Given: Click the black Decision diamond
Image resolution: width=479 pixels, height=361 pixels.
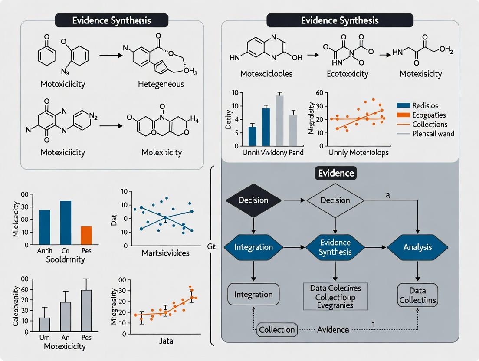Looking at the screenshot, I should pyautogui.click(x=253, y=200).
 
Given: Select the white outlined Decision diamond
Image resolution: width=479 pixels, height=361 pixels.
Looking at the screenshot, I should pyautogui.click(x=335, y=200).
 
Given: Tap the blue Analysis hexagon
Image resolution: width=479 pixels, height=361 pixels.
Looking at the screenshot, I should pyautogui.click(x=417, y=247).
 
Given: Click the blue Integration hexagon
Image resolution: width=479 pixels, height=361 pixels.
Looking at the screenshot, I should pyautogui.click(x=253, y=247).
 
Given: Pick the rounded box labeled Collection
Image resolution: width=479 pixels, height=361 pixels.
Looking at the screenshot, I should pyautogui.click(x=277, y=330).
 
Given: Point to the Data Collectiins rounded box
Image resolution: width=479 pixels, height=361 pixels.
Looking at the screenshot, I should pyautogui.click(x=417, y=295).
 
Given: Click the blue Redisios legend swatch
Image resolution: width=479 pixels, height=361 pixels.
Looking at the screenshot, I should pyautogui.click(x=403, y=105).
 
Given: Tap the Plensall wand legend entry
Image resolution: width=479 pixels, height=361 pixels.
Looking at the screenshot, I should pyautogui.click(x=425, y=134).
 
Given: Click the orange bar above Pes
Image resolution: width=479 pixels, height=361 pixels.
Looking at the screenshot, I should pyautogui.click(x=86, y=236).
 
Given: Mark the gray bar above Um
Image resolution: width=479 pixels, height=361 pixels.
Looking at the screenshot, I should pyautogui.click(x=45, y=325).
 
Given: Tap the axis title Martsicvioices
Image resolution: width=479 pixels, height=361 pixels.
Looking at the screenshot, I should pyautogui.click(x=165, y=253).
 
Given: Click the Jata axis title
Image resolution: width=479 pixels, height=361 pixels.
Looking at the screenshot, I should pyautogui.click(x=165, y=341).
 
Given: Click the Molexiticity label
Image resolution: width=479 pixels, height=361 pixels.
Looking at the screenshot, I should pyautogui.click(x=161, y=152).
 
